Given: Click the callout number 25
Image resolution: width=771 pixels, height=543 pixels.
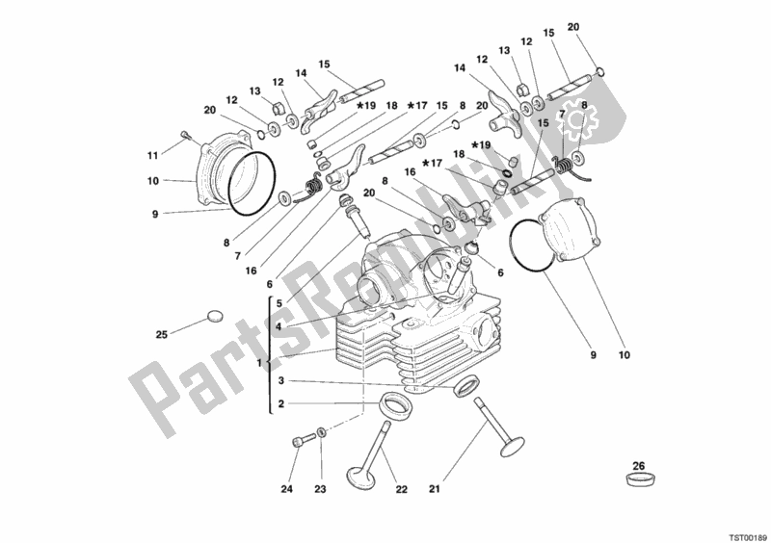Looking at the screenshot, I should (x=163, y=335).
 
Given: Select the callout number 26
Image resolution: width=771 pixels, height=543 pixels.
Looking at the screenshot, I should (x=637, y=466).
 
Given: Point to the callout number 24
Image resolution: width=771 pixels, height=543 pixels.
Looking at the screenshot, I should (x=286, y=489).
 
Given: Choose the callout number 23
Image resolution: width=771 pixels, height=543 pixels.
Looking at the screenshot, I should (x=320, y=489).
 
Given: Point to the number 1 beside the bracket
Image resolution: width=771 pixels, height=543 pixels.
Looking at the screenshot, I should (x=260, y=362).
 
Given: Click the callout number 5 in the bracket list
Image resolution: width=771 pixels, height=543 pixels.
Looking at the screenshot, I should (x=279, y=303).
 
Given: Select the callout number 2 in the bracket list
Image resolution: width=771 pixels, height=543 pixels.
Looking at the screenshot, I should (x=279, y=404).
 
